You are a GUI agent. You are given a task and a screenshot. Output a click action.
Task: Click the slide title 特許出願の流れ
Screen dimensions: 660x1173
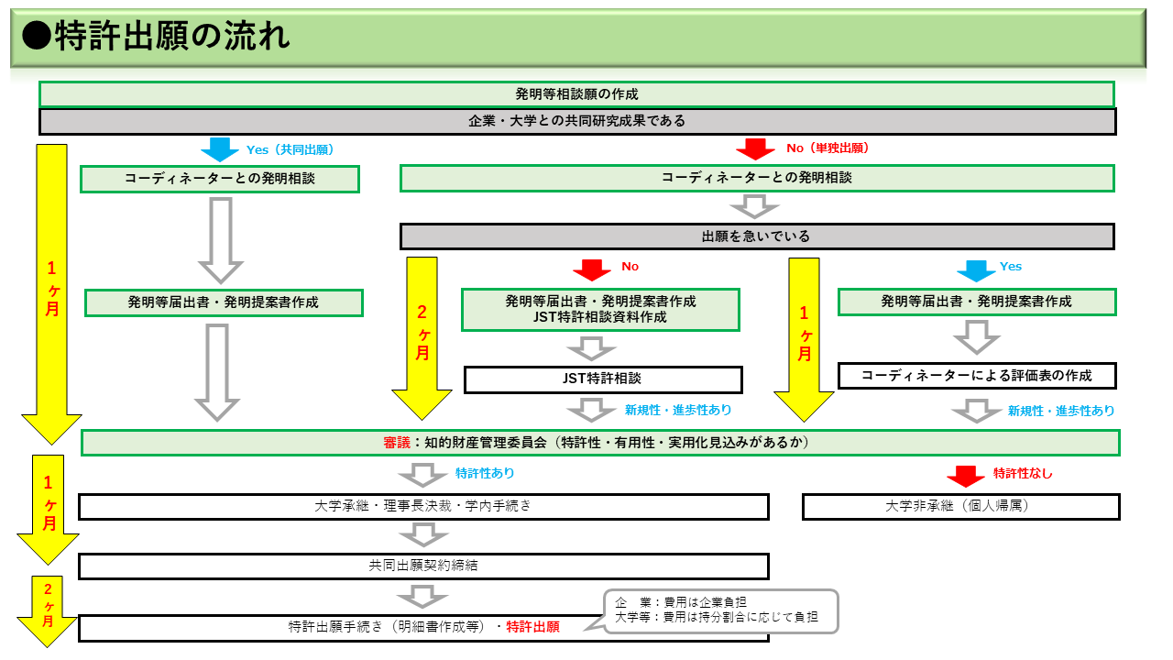156,37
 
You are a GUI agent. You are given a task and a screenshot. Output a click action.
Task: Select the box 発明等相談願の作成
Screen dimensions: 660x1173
576,94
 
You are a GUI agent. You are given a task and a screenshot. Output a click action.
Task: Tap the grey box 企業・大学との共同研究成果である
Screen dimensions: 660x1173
576,121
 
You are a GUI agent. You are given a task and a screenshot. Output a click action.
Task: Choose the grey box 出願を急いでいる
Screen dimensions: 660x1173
756,236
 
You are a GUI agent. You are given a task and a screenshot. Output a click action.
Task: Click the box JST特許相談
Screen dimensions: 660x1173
603,379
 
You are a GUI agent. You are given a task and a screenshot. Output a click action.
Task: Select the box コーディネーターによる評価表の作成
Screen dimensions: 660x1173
977,376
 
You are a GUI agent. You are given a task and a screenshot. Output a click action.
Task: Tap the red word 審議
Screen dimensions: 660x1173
397,443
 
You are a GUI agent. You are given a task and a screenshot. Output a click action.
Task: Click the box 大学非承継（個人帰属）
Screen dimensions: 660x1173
960,507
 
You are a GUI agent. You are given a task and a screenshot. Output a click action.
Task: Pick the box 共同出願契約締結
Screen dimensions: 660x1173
423,566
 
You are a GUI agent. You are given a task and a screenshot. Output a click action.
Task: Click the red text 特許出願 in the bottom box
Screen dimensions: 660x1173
532,628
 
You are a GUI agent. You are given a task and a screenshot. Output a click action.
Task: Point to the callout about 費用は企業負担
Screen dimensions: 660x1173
720,610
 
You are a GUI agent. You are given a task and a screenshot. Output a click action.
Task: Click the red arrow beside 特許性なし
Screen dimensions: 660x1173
965,476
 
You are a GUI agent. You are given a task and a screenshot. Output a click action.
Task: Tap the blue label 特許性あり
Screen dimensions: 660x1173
485,474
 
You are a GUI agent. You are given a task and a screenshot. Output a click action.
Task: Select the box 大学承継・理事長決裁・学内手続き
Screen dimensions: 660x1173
423,507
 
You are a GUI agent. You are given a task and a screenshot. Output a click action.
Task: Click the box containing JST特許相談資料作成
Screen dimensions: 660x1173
600,310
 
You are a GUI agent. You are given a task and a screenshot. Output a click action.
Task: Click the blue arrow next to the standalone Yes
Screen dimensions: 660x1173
976,270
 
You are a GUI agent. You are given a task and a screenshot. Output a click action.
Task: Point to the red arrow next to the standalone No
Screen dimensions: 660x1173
592,270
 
